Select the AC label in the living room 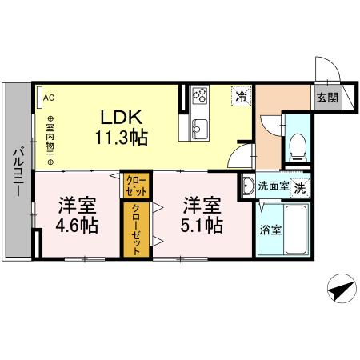48,98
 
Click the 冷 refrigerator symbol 241,97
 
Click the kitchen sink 199,128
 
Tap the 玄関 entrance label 326,98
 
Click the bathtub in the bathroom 298,228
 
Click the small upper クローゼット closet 135,186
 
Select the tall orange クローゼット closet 135,228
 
